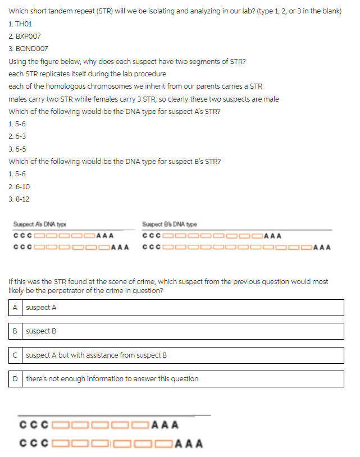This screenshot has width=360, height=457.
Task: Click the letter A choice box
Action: coord(15,308)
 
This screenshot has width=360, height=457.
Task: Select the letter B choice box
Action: coord(15,331)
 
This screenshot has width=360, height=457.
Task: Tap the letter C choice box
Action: coord(15,355)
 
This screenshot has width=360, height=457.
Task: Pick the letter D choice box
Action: coord(15,379)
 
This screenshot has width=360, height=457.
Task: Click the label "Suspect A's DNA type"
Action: coord(40,224)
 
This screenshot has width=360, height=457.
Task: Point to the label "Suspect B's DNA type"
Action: coord(170,224)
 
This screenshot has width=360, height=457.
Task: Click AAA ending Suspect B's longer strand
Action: coord(322,248)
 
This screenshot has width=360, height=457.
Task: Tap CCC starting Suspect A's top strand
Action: coord(22,235)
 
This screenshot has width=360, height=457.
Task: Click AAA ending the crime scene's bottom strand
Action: coord(189,444)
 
